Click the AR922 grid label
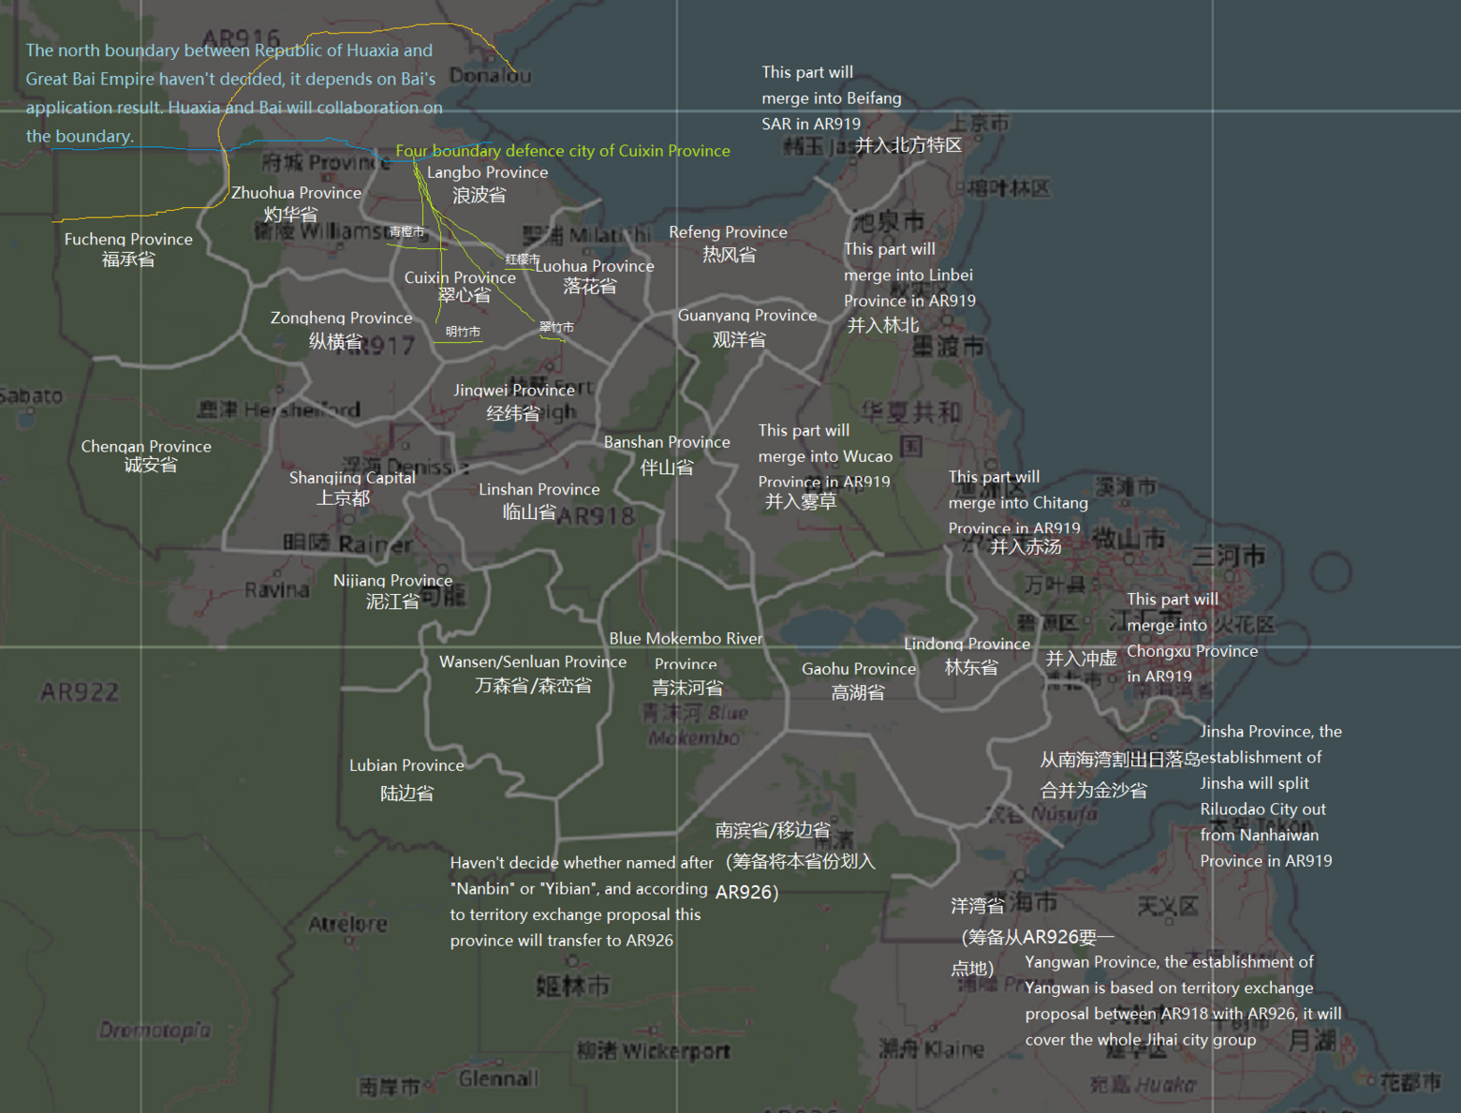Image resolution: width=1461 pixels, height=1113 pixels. pos(80,692)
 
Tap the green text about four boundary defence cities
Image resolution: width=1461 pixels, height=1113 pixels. pos(562,151)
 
